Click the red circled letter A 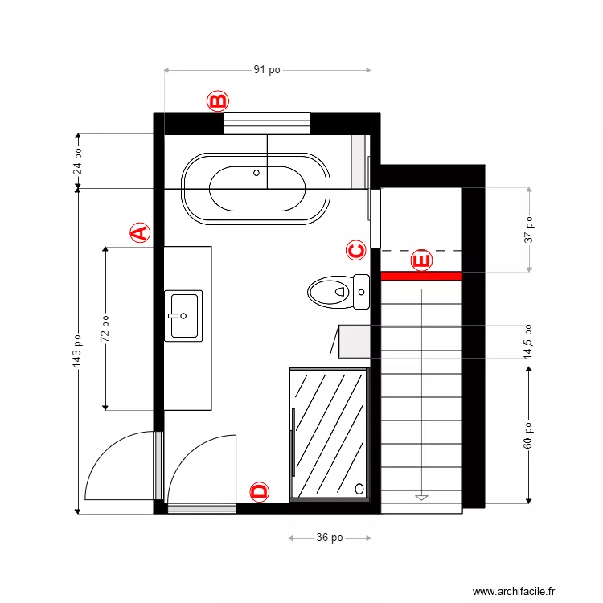tap(140, 233)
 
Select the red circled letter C tap(356, 250)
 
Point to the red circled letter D tap(259, 492)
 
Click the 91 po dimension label tap(267, 70)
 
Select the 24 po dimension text tap(78, 161)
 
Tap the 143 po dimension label tap(78, 351)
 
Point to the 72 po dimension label tap(105, 328)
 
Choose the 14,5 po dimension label tap(528, 342)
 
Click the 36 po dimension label tap(330, 538)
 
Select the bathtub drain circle tap(256, 172)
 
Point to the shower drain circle tap(359, 487)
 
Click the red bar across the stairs tap(421, 276)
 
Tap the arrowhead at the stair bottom tap(421, 498)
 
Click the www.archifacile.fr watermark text tap(514, 591)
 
